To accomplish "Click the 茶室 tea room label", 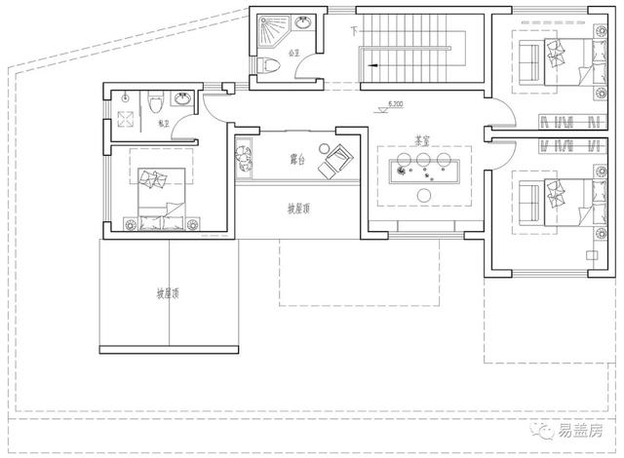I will point(413,139).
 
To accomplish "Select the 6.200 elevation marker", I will point(397,102).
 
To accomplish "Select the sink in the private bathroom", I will point(181,98).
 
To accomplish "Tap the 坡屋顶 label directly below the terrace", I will point(299,209).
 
